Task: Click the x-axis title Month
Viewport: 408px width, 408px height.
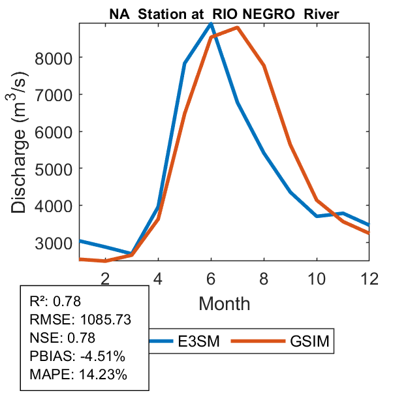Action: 224,304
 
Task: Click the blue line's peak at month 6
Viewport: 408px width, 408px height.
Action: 211,24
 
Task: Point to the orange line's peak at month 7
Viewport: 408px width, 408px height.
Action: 237,27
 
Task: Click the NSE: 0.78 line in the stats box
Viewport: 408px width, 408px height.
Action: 63,338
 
